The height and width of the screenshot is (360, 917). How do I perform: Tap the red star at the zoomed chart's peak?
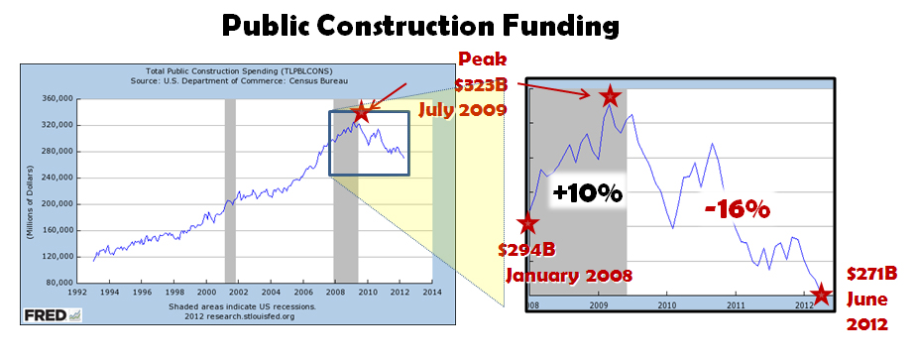coord(609,96)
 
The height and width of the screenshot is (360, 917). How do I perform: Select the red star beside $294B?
coord(527,223)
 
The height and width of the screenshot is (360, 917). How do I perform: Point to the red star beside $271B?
coord(820,295)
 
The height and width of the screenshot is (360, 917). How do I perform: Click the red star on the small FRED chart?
coord(362,111)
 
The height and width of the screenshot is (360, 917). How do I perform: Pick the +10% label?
coord(587,193)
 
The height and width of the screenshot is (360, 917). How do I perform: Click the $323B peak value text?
coord(483,83)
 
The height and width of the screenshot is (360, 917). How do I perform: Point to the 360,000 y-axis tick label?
coord(55,99)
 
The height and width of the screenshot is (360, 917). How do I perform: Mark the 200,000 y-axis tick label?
coord(55,203)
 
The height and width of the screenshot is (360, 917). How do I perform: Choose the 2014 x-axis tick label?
coord(432,294)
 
